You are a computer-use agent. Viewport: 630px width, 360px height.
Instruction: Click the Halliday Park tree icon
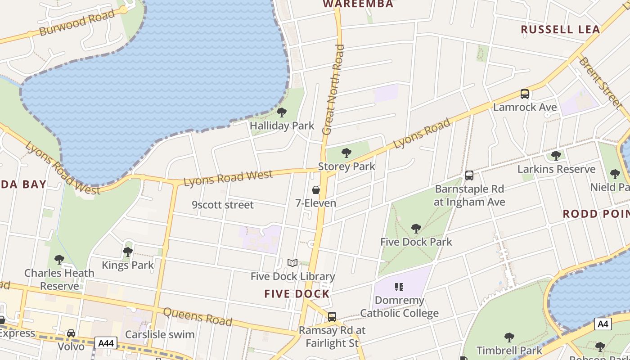[282, 112]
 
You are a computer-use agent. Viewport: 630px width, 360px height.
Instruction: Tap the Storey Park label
[346, 166]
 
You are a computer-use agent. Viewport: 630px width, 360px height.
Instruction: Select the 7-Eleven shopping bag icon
[316, 190]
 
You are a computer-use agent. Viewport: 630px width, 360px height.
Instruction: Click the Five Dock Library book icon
[292, 263]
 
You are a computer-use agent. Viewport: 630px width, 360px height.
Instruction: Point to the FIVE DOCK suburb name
[297, 294]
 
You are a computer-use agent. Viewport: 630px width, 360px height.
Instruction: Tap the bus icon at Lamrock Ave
[525, 94]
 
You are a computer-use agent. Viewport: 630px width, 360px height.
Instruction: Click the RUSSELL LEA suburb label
[560, 30]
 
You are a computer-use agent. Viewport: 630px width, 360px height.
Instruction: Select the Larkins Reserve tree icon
[556, 156]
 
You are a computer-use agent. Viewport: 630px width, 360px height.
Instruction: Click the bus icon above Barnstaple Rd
[469, 175]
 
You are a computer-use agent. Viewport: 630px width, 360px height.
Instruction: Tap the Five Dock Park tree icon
[416, 229]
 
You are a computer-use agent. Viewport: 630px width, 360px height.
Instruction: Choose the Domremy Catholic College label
[399, 306]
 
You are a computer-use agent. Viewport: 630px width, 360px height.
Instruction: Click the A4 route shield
[603, 324]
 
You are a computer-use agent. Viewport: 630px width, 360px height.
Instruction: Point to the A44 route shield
[106, 343]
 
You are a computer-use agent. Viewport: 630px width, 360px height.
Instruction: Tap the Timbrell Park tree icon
[509, 337]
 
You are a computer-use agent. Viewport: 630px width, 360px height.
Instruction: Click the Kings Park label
[128, 265]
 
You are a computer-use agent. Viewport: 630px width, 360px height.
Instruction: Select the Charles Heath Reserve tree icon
[59, 260]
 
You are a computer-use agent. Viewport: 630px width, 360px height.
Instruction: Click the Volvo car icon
[71, 333]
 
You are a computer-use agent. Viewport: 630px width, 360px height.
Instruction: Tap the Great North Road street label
[333, 90]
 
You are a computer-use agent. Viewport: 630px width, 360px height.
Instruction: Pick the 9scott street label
[223, 205]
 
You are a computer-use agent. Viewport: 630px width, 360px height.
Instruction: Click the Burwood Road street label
[77, 23]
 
